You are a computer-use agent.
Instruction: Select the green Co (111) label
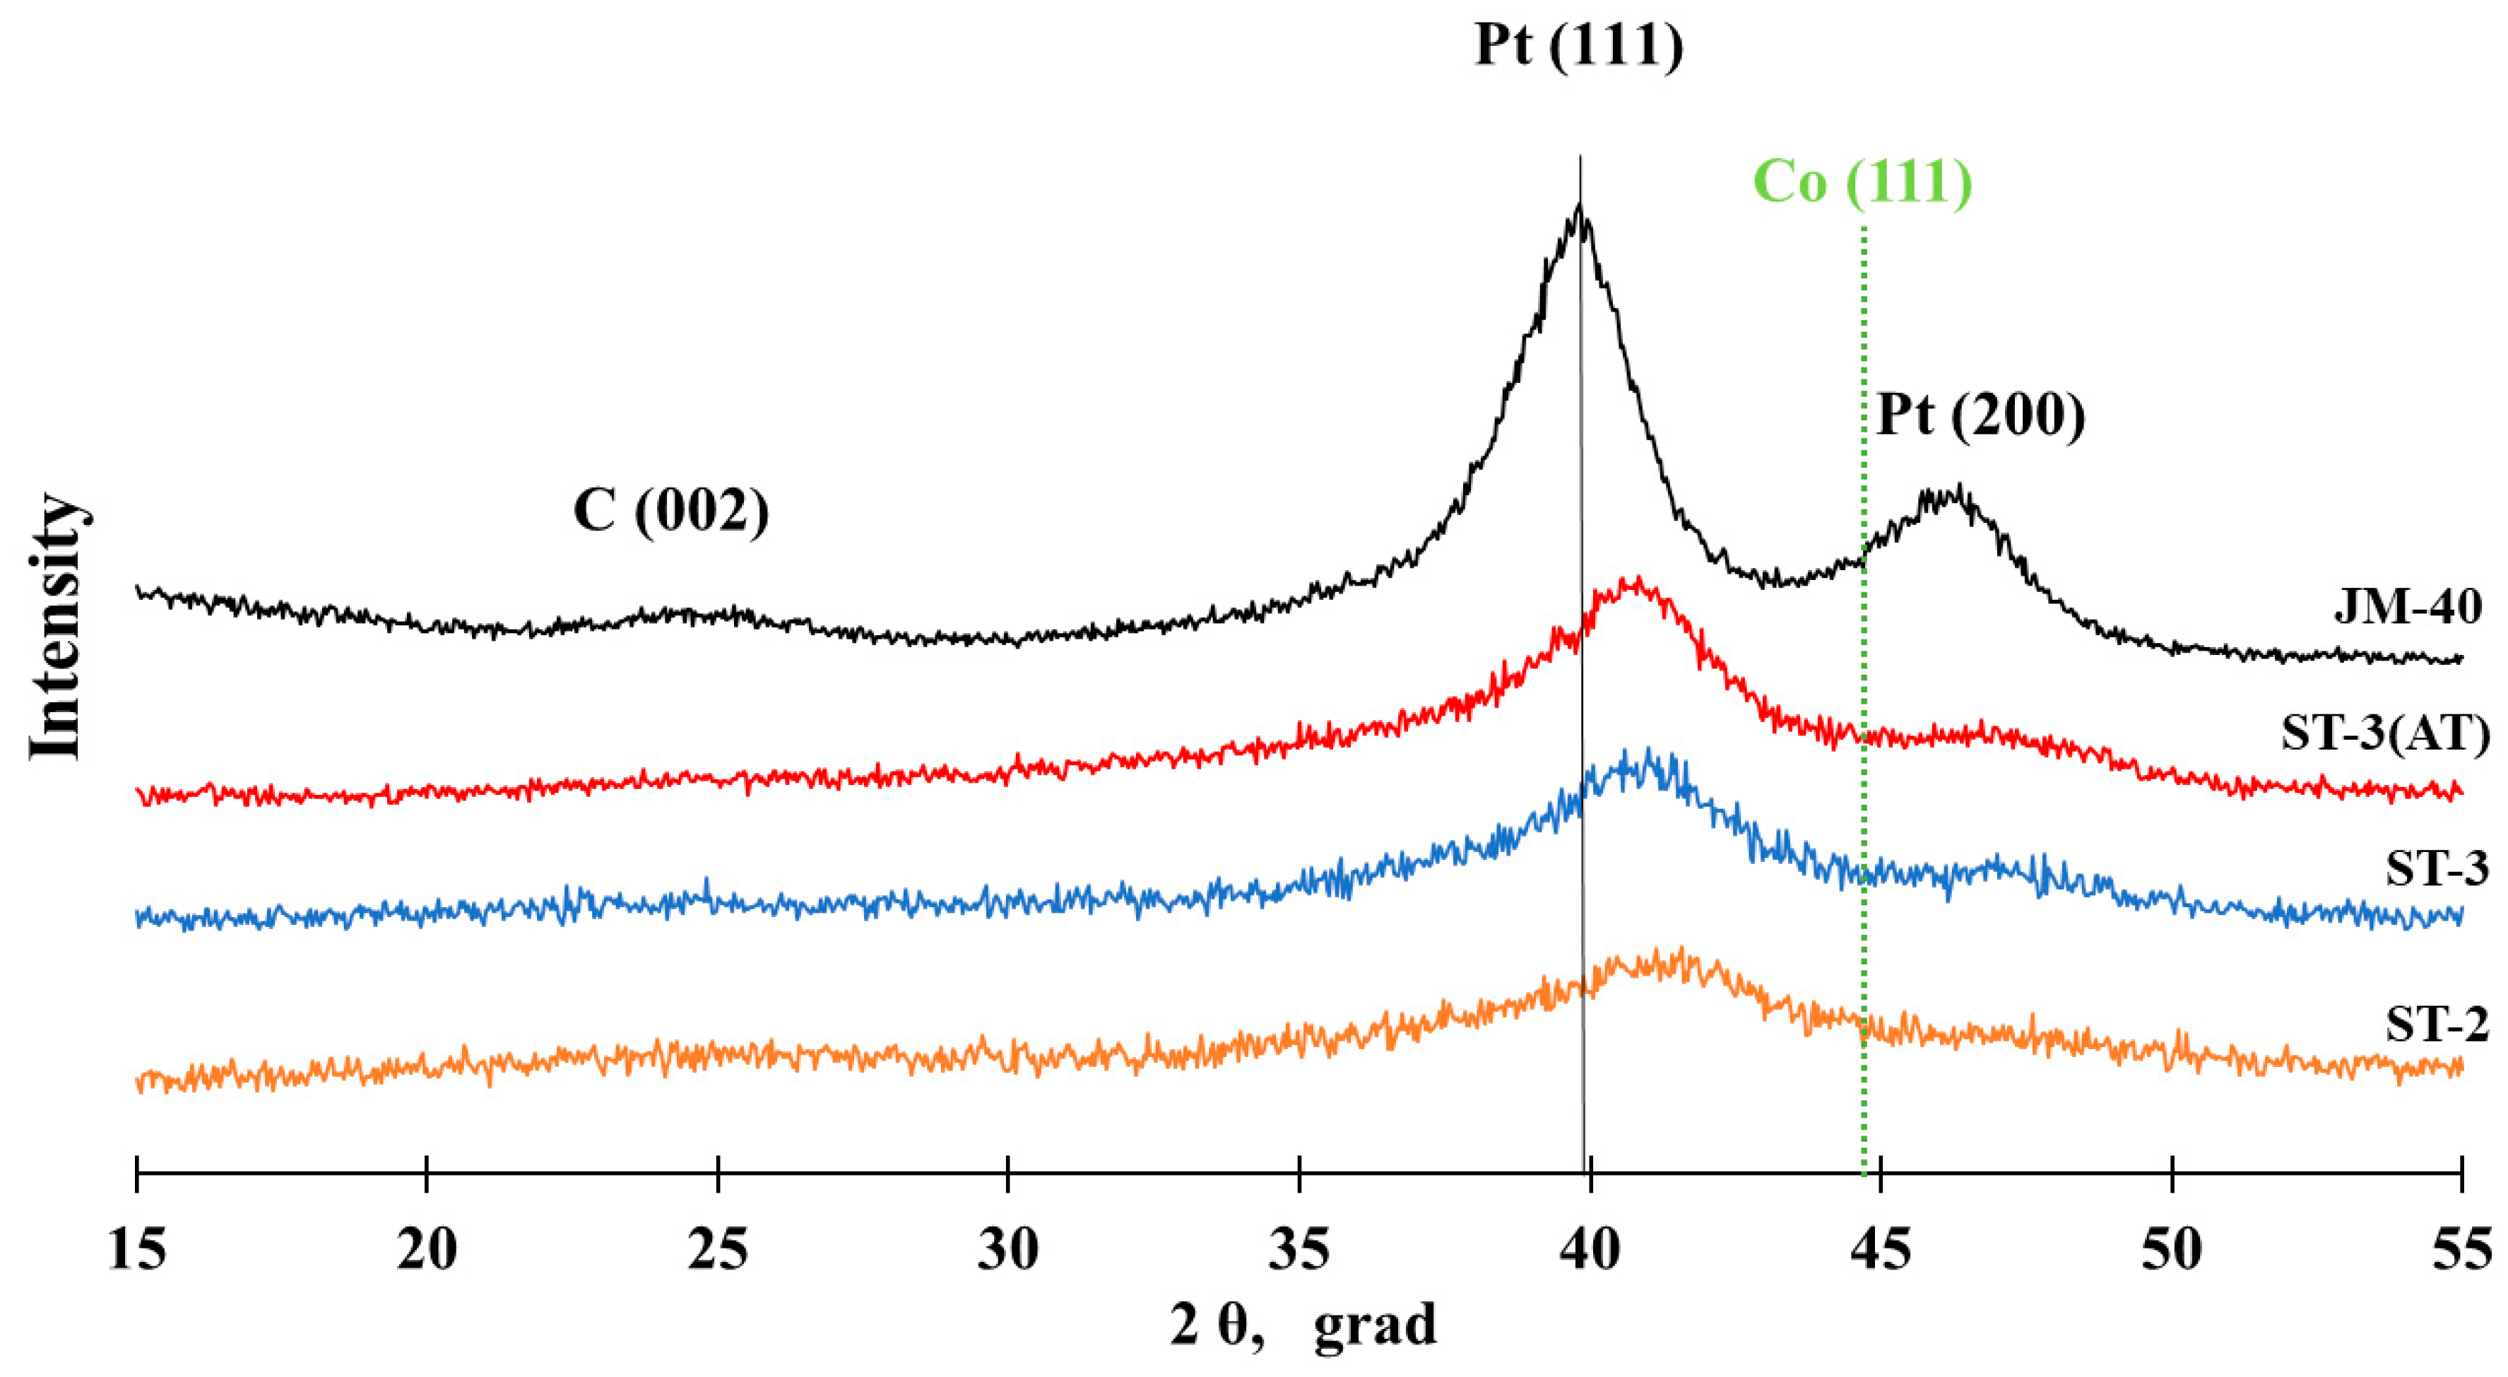[1862, 182]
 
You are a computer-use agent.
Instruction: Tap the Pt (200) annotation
[1980, 416]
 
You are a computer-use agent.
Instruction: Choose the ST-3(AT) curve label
[2385, 733]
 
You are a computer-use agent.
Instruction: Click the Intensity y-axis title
[54, 628]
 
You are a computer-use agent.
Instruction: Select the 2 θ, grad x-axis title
[1303, 1325]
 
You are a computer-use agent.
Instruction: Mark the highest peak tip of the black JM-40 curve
[1578, 206]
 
